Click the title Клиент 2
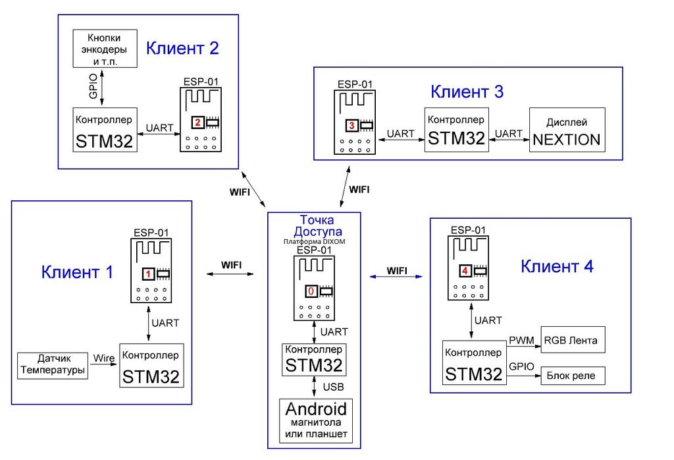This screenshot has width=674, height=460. click(x=182, y=48)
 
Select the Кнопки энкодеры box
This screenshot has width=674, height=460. click(x=105, y=48)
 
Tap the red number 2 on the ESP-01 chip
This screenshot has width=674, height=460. click(x=197, y=123)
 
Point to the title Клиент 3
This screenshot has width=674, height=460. click(x=467, y=92)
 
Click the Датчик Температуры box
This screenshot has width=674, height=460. click(x=52, y=365)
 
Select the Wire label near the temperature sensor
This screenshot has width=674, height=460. click(x=103, y=358)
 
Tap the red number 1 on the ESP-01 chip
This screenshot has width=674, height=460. click(x=149, y=273)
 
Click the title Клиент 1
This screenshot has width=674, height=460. click(x=77, y=272)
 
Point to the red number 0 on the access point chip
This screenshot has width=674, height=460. click(x=311, y=291)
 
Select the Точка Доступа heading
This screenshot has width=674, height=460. click(x=314, y=226)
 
